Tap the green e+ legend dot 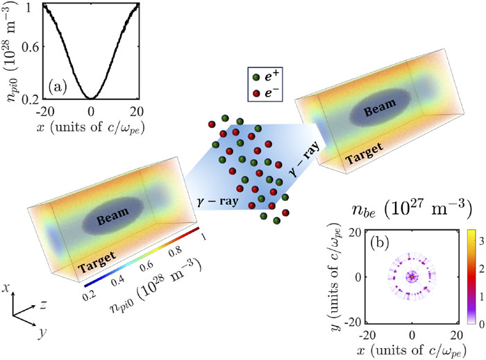[256, 76]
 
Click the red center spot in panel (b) [411, 277]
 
